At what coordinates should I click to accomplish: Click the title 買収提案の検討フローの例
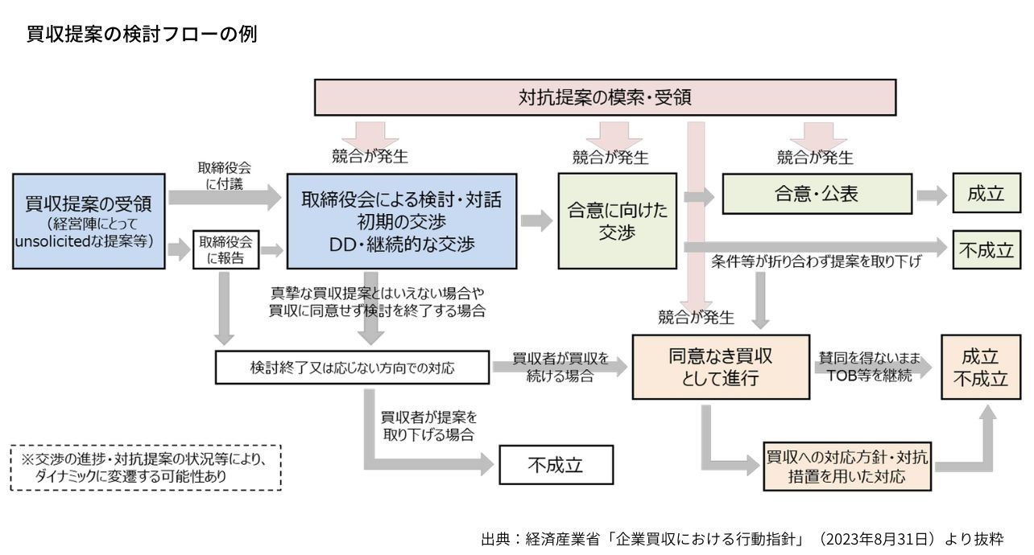click(142, 35)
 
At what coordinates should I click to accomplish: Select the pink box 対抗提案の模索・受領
click(605, 97)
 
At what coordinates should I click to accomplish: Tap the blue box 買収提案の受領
click(89, 220)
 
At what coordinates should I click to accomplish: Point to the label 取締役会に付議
click(225, 176)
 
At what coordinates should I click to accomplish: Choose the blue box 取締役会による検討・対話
click(402, 220)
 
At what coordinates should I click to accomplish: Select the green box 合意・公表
click(817, 195)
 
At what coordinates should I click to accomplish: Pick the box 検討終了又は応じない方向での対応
click(352, 368)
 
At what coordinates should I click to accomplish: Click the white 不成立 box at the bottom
click(556, 465)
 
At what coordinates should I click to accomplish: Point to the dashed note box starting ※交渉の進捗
click(146, 467)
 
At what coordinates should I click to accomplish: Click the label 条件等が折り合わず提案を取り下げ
click(816, 262)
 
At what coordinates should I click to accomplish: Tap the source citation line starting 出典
click(742, 538)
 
